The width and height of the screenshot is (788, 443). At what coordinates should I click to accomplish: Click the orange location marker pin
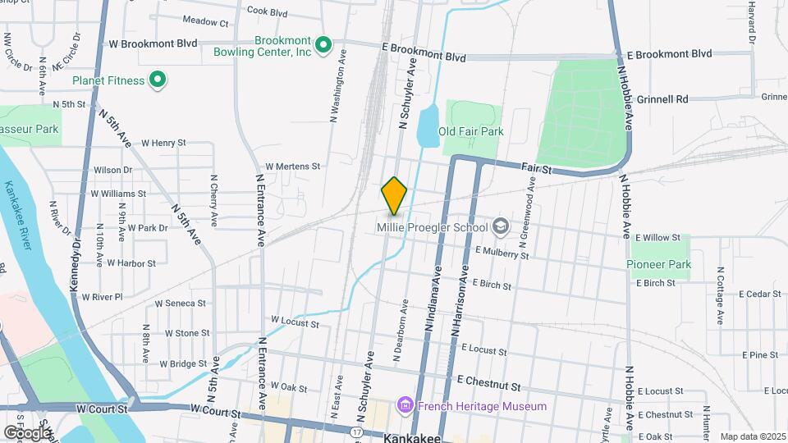tap(395, 196)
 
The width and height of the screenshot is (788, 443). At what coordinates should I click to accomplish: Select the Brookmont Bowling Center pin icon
tap(323, 45)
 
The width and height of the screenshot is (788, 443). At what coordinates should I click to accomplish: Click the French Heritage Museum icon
tap(404, 405)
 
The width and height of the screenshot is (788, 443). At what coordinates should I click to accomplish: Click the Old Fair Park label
tap(470, 131)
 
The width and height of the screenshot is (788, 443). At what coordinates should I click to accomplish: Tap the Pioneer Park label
tap(658, 264)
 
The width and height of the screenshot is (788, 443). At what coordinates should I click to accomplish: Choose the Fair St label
tap(537, 167)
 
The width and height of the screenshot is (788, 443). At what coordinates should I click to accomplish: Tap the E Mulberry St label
tap(502, 253)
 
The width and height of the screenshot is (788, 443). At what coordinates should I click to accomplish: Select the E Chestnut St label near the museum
tap(489, 383)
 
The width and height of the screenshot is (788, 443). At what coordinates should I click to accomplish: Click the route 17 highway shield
tap(355, 432)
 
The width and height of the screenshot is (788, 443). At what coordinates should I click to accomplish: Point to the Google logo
tap(26, 432)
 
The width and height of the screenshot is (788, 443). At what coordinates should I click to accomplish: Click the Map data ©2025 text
tap(752, 436)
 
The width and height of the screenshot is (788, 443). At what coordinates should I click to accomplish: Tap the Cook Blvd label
tap(267, 12)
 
